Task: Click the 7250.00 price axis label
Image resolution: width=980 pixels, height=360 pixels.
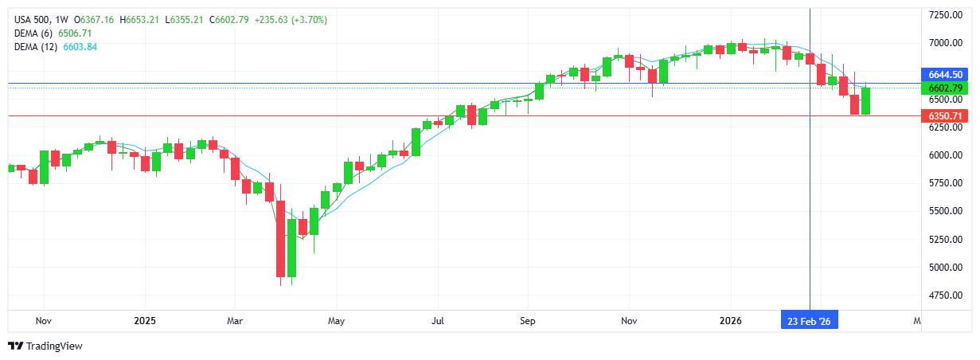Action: click(945, 14)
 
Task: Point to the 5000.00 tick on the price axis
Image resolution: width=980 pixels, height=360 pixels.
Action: click(945, 267)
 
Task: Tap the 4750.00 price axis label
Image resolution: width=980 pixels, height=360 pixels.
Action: click(945, 295)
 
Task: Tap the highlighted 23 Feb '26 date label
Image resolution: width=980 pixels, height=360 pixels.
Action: click(810, 321)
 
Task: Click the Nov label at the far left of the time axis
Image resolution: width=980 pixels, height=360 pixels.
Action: click(44, 321)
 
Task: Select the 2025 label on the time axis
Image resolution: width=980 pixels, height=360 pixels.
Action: click(145, 321)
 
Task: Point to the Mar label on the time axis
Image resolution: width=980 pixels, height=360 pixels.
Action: click(234, 321)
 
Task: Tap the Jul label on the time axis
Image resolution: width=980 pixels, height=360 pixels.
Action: click(437, 321)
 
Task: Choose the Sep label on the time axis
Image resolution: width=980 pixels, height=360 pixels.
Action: click(527, 321)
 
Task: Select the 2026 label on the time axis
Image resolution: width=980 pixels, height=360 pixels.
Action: click(730, 321)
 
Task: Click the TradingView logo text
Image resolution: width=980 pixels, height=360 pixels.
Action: click(54, 346)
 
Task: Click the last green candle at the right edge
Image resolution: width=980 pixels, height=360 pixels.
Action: click(865, 100)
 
